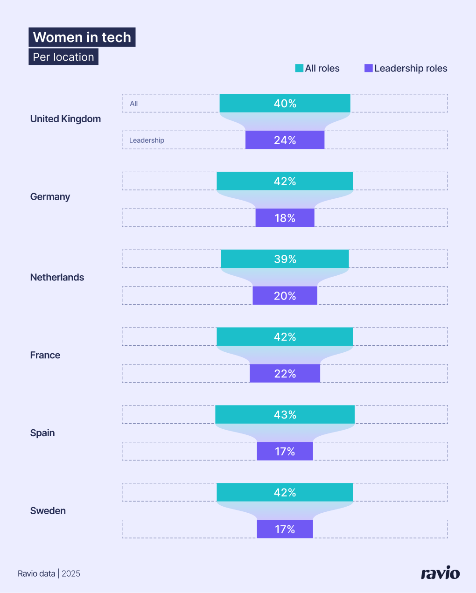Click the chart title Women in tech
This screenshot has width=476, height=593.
tap(82, 37)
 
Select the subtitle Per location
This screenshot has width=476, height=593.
tap(63, 57)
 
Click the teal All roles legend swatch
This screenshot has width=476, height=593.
tap(299, 68)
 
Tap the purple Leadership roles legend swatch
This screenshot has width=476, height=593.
tap(369, 68)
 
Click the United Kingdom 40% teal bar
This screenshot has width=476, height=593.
tap(285, 103)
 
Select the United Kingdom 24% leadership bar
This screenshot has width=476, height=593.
tap(285, 140)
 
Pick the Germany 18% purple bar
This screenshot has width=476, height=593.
tap(285, 218)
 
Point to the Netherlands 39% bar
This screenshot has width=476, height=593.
tap(285, 259)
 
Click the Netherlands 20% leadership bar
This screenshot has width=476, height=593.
tap(285, 296)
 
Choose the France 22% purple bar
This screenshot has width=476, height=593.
tap(285, 374)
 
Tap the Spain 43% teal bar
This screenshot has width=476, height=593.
tap(285, 414)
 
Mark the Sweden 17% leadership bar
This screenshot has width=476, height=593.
tap(285, 529)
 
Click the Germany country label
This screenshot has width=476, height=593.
tap(50, 197)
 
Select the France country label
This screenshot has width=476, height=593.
tap(45, 355)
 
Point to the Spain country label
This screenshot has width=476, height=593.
tap(42, 433)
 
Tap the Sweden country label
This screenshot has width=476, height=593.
tap(48, 511)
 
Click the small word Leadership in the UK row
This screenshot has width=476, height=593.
tap(147, 140)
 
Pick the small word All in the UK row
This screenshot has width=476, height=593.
tap(134, 104)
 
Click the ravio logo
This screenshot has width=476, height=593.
tap(440, 573)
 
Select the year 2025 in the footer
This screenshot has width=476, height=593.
tap(71, 573)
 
